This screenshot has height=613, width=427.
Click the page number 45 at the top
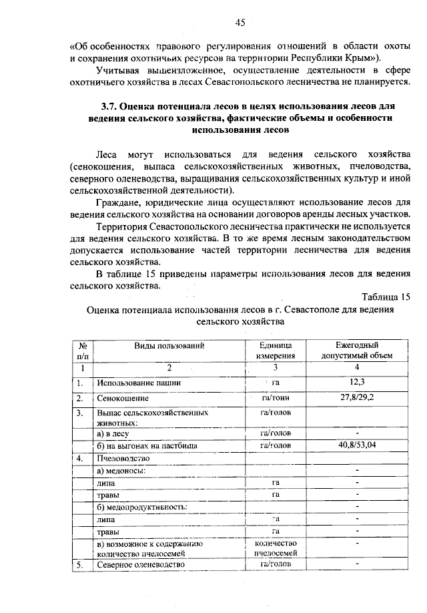pos(240,23)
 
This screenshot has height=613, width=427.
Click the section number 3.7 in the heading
pos(109,106)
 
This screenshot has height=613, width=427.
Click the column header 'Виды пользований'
pos(169,345)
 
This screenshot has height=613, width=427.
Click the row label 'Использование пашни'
pos(139,383)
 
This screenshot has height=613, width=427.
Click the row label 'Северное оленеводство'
pos(139,565)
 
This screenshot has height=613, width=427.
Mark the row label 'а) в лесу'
pos(115,433)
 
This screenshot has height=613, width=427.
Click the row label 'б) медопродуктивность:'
pos(141,506)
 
